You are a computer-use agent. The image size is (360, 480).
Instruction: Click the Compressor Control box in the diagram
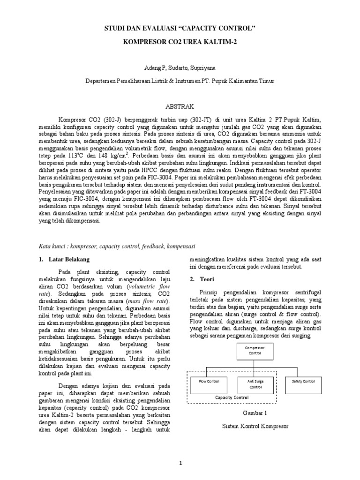(x=255, y=351)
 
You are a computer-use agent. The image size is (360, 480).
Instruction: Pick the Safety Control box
(x=303, y=382)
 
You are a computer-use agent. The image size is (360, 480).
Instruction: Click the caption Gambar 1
(x=255, y=413)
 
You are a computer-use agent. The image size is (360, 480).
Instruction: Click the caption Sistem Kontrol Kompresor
(x=255, y=427)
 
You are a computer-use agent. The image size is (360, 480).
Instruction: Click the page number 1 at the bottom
(x=180, y=464)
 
